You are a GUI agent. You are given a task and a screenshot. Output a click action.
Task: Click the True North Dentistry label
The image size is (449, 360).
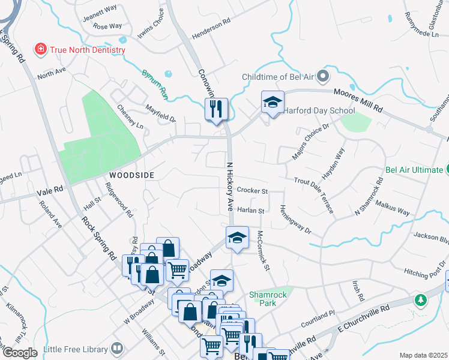[88, 49]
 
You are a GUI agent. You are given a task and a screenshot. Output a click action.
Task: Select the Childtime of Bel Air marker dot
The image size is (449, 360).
[324, 76]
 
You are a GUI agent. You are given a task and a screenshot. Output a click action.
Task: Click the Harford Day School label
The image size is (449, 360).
[319, 110]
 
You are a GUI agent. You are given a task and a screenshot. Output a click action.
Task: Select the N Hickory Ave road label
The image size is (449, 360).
[229, 186]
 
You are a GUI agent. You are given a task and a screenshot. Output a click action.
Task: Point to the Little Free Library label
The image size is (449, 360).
[74, 347]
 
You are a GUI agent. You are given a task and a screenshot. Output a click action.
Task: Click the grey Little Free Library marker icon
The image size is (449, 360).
[116, 347]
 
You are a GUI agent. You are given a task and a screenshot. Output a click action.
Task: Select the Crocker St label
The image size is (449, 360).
[252, 190]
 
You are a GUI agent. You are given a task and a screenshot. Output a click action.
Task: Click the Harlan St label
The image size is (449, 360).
[250, 211]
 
